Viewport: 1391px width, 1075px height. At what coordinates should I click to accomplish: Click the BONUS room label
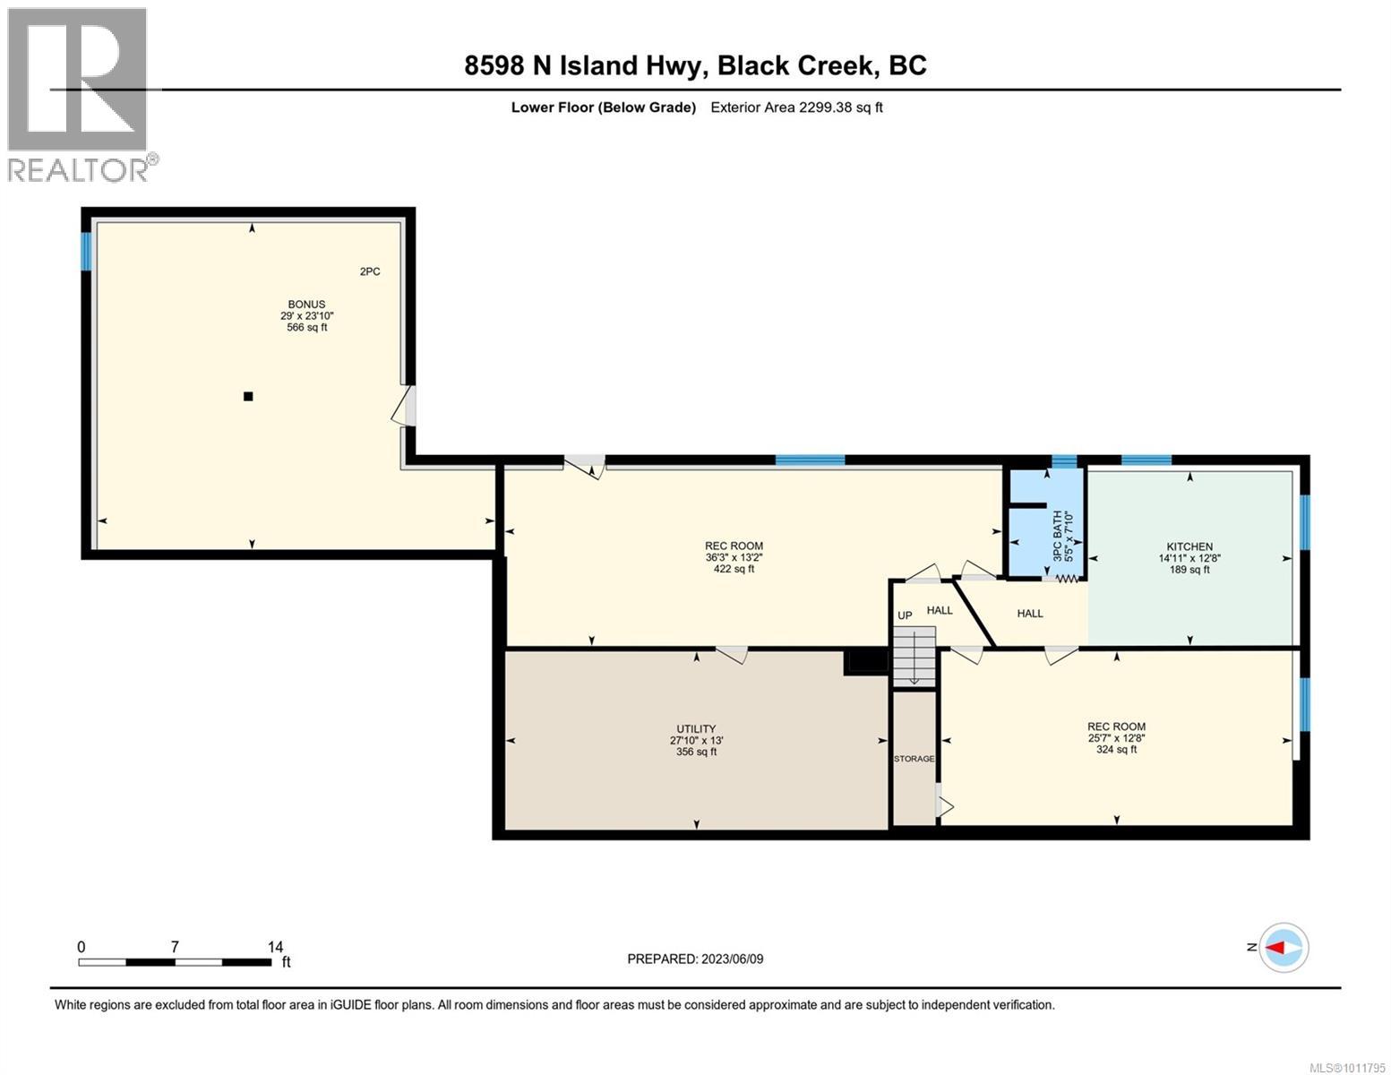[x=306, y=305]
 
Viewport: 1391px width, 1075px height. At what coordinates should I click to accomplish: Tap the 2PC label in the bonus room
[x=370, y=271]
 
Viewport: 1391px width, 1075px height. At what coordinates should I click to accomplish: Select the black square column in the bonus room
[x=249, y=397]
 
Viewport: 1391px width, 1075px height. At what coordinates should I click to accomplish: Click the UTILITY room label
[x=696, y=729]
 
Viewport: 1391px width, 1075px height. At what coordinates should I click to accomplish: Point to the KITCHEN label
[x=1189, y=546]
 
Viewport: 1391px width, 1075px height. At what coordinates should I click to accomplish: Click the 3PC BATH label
[x=1057, y=536]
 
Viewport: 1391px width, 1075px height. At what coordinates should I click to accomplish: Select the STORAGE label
[x=914, y=759]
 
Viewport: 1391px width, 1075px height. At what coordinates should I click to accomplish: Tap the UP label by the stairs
[x=905, y=616]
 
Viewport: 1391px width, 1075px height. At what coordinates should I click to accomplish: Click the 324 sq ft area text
[x=1116, y=750]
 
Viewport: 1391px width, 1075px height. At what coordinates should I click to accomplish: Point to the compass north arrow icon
[x=1284, y=948]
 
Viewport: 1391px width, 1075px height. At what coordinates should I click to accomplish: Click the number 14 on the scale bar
[x=275, y=947]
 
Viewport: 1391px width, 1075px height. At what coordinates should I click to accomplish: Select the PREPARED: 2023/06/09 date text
[x=695, y=959]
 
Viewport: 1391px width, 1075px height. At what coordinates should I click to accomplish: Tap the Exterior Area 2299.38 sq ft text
[x=796, y=107]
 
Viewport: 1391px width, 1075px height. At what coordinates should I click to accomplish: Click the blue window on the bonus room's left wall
[x=87, y=252]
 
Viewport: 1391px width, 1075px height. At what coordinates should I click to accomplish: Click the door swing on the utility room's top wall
[x=731, y=654]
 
